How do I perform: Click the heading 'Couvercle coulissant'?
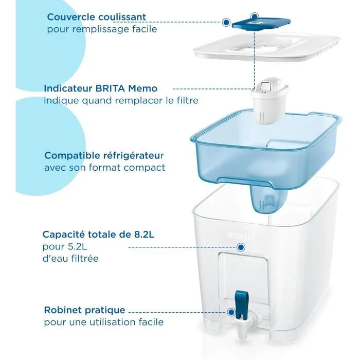pyautogui.click(x=97, y=17)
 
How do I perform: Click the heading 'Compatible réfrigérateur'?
pyautogui.click(x=104, y=155)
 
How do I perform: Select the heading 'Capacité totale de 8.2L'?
pyautogui.click(x=99, y=235)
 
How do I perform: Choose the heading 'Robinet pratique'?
pyautogui.click(x=84, y=310)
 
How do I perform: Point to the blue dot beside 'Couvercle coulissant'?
pyautogui.click(x=226, y=22)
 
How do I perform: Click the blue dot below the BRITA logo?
pyautogui.click(x=240, y=247)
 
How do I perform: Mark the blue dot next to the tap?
pyautogui.click(x=232, y=311)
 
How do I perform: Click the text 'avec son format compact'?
pyautogui.click(x=105, y=167)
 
